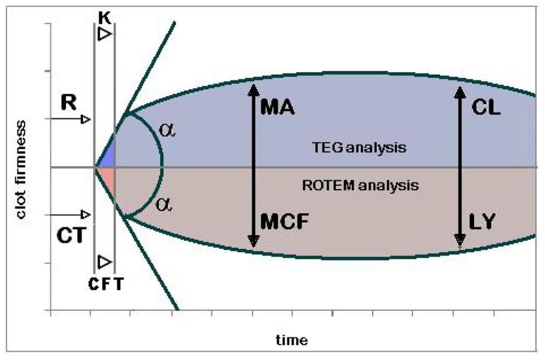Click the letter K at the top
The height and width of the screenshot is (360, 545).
click(x=105, y=18)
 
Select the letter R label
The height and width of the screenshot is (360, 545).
click(x=69, y=103)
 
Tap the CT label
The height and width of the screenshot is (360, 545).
click(x=71, y=236)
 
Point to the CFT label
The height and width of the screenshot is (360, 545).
click(x=106, y=284)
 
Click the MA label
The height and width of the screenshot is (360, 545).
click(x=277, y=107)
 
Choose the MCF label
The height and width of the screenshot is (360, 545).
click(x=284, y=221)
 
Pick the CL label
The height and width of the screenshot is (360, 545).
click(x=485, y=107)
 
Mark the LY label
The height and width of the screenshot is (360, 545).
click(x=481, y=221)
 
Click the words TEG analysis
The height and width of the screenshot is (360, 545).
click(x=359, y=147)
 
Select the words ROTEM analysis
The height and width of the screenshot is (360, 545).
click(x=360, y=185)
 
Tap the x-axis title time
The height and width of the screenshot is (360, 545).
click(x=292, y=340)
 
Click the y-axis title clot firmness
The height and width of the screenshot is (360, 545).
click(x=21, y=170)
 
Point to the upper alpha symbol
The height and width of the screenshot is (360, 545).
click(x=167, y=130)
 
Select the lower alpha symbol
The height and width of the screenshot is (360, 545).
click(x=164, y=204)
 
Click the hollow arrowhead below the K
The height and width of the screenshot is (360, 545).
click(x=105, y=34)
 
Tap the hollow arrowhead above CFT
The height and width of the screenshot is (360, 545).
click(x=105, y=262)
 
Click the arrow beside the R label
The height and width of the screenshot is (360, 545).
click(x=71, y=120)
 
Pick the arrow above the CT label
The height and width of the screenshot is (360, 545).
click(x=71, y=214)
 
